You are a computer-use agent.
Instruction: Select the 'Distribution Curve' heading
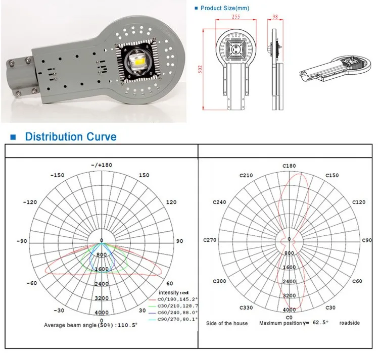click(x=70, y=137)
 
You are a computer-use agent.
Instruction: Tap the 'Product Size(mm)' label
click(x=225, y=8)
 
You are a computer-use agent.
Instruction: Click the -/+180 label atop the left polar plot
click(x=101, y=166)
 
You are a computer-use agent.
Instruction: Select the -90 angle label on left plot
click(x=22, y=241)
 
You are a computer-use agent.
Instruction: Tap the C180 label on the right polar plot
click(x=289, y=165)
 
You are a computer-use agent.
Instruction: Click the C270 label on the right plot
click(x=210, y=240)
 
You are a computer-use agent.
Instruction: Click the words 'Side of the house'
click(x=227, y=323)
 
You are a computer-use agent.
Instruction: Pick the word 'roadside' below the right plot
click(x=350, y=323)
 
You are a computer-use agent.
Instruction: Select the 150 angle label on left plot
click(x=144, y=175)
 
